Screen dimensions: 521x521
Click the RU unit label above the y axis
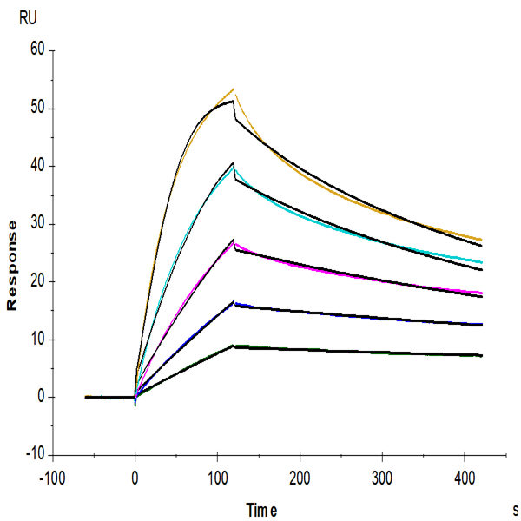(28, 18)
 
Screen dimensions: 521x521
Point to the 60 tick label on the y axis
(37, 49)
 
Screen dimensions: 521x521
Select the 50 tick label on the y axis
(37, 108)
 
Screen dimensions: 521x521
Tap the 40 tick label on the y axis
(37, 166)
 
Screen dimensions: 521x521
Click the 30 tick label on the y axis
(37, 223)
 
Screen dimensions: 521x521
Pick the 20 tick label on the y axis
(37, 281)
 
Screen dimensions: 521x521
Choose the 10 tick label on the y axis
(37, 339)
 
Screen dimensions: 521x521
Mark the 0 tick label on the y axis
(41, 397)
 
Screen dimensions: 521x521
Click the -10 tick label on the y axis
(36, 454)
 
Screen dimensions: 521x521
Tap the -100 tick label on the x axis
(52, 478)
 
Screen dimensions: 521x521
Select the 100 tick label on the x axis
(218, 478)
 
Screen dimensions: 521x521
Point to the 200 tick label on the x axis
(300, 478)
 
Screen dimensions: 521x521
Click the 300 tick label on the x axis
(382, 478)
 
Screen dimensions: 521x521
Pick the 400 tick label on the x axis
(465, 478)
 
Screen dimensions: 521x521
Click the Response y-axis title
(12, 266)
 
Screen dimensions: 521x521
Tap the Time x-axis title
(261, 510)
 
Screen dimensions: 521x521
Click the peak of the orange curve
(234, 89)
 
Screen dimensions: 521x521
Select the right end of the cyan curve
(482, 262)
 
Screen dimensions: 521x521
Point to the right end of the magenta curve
(482, 293)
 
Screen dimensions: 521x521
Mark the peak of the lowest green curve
(234, 346)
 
